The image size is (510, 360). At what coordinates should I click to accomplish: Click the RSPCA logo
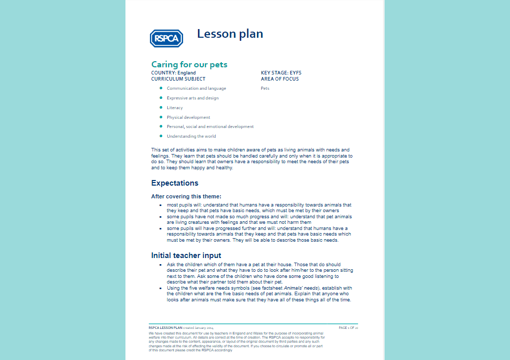click(x=166, y=38)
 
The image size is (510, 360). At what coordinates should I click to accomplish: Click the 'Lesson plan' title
click(x=230, y=34)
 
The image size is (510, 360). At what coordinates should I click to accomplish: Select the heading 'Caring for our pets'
click(x=189, y=64)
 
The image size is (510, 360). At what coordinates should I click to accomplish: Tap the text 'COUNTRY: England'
click(x=173, y=73)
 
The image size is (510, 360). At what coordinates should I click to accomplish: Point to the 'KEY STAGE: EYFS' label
click(x=281, y=73)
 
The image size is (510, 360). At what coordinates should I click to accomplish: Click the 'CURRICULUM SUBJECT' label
click(x=178, y=79)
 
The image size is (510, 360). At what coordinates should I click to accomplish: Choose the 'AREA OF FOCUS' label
click(x=280, y=79)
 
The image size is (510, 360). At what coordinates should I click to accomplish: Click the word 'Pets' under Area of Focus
click(x=265, y=88)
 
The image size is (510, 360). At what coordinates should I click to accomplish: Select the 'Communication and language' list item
click(x=196, y=88)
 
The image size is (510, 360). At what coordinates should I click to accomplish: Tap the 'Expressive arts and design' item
click(x=192, y=98)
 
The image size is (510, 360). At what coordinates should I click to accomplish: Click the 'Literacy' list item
click(x=174, y=108)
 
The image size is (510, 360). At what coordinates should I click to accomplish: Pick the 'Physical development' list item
click(x=188, y=117)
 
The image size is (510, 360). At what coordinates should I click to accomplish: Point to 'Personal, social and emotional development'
click(x=210, y=126)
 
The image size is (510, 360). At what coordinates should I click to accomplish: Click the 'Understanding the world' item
click(x=191, y=136)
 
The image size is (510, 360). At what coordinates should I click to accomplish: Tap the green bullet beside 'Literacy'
click(x=161, y=108)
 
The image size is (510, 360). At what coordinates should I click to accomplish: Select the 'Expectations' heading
click(x=175, y=183)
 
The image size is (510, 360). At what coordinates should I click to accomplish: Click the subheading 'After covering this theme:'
click(x=186, y=196)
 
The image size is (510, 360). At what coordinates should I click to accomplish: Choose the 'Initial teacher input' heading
click(x=186, y=255)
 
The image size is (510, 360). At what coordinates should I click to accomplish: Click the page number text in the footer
click(x=348, y=327)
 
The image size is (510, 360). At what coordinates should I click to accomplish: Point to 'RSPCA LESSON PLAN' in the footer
click(x=165, y=327)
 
